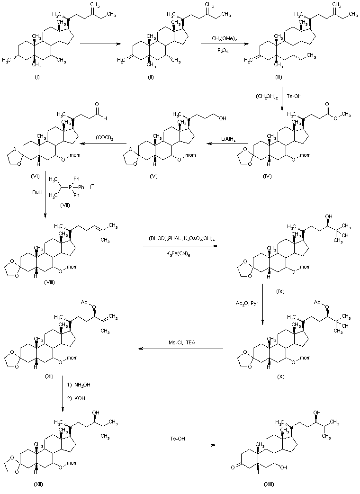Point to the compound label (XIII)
[270, 484]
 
